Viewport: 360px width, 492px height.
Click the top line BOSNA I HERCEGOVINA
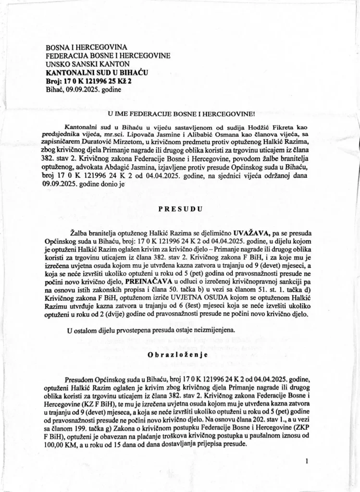(x=86, y=48)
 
